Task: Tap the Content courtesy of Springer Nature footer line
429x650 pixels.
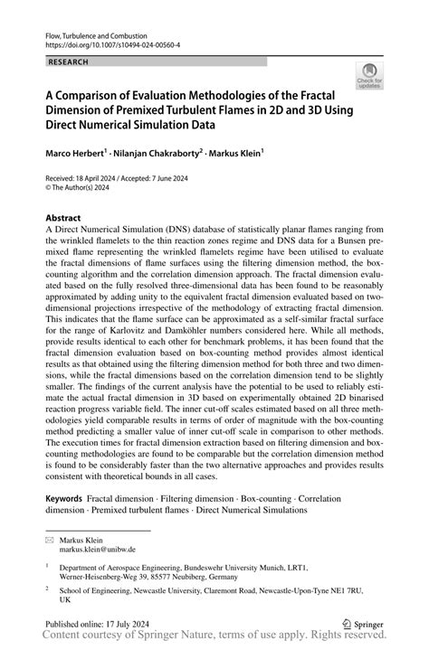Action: (214, 638)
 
